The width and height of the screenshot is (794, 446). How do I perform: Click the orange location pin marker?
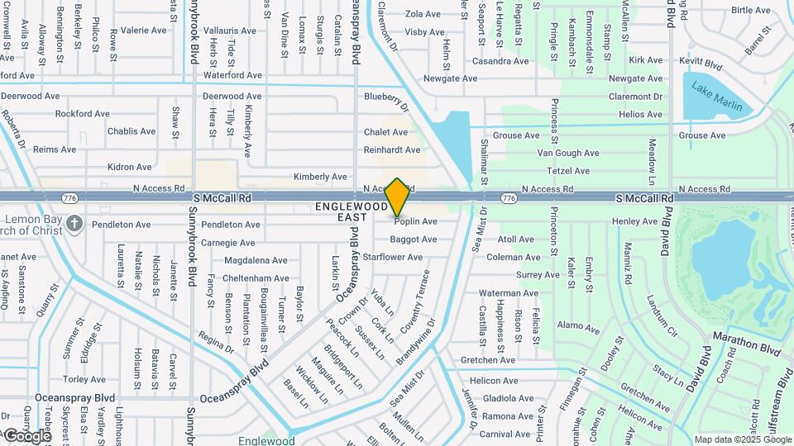tap(397, 197)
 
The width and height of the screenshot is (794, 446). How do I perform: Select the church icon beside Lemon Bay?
tap(74, 223)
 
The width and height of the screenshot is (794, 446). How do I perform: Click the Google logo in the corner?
tap(26, 436)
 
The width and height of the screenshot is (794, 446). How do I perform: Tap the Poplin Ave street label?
tap(415, 221)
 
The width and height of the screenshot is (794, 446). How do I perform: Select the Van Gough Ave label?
tap(568, 153)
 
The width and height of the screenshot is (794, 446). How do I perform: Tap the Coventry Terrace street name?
tap(416, 299)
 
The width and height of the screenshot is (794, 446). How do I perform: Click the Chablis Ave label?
tap(132, 131)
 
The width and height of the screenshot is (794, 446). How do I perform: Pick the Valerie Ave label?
tap(143, 31)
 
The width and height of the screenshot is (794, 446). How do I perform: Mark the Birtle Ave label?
tap(750, 11)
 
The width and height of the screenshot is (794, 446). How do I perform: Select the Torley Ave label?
tap(84, 379)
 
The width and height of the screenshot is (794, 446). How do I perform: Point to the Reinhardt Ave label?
tap(392, 150)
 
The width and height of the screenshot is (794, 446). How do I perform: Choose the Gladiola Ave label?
tap(508, 398)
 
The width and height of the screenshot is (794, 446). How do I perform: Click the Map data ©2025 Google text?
tap(743, 439)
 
